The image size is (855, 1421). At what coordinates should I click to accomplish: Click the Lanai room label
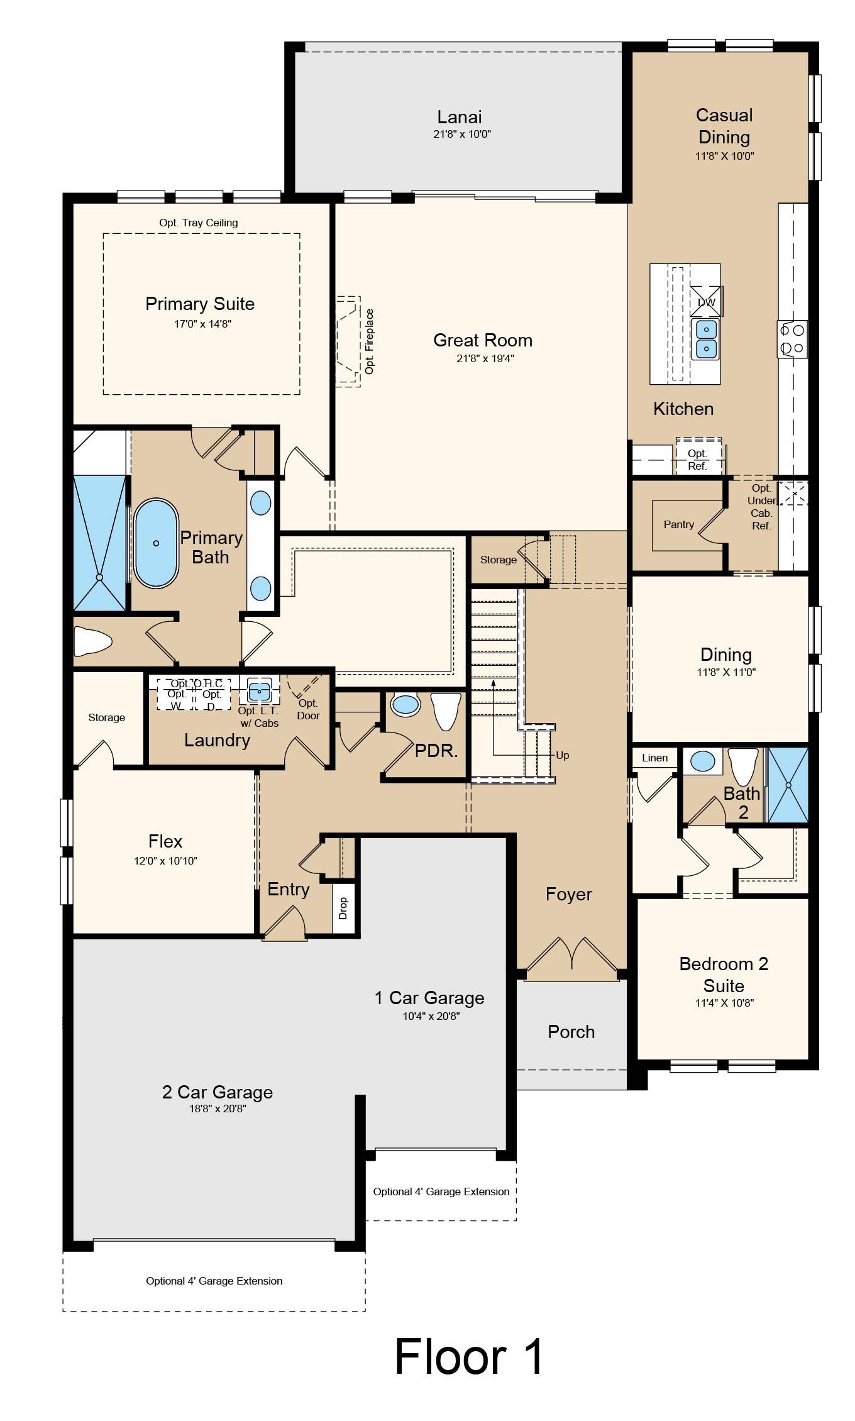(x=460, y=117)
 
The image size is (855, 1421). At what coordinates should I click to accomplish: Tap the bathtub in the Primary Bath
(x=156, y=543)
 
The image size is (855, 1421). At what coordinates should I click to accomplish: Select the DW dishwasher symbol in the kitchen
(x=707, y=301)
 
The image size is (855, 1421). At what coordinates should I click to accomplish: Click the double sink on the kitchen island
(x=706, y=339)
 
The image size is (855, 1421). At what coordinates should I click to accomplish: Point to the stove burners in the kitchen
(x=792, y=338)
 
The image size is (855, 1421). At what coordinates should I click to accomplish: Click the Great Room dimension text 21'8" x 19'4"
(x=483, y=358)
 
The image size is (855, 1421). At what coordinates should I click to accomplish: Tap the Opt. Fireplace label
(x=370, y=341)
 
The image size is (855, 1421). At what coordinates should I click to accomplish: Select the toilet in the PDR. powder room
(x=446, y=711)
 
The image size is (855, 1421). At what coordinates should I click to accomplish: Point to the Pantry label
(x=679, y=524)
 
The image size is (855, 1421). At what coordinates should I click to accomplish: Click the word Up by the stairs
(x=563, y=755)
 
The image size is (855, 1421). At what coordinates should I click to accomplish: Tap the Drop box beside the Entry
(x=343, y=908)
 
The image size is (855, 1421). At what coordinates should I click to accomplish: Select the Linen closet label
(x=655, y=758)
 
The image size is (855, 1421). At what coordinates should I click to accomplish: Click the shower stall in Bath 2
(x=788, y=785)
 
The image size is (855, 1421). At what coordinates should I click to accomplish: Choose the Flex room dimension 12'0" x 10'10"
(x=165, y=861)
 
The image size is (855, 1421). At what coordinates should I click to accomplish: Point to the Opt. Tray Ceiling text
(x=199, y=223)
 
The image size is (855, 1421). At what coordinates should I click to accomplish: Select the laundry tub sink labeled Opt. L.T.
(x=258, y=690)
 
